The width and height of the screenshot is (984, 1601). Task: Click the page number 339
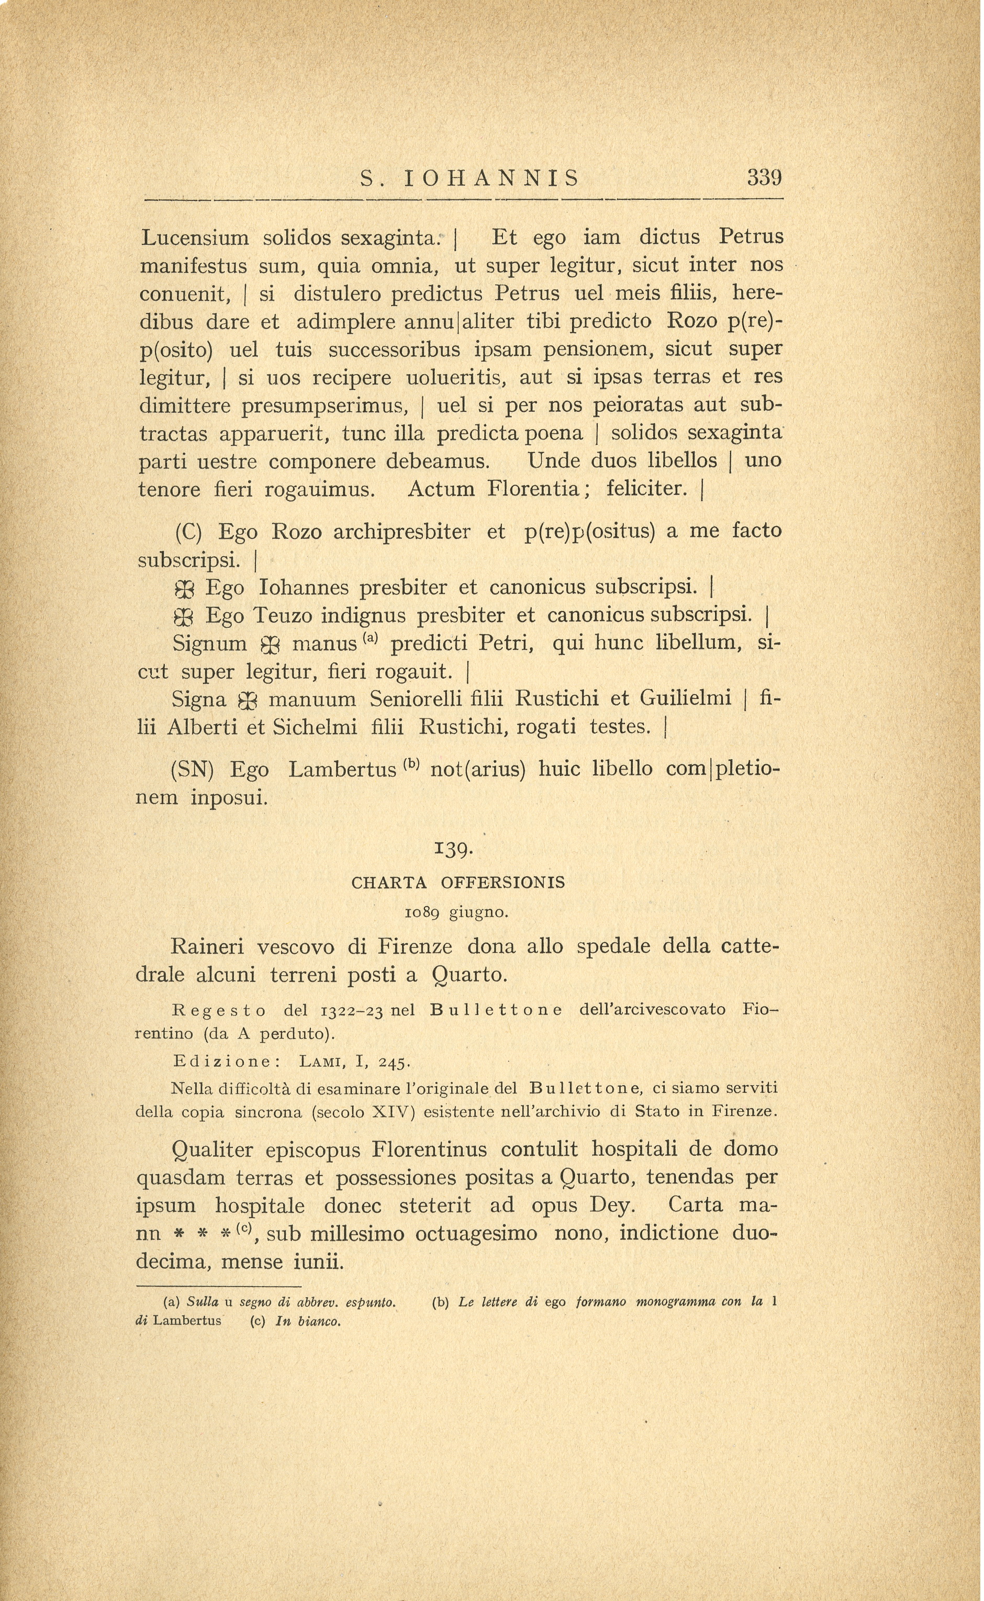tap(764, 177)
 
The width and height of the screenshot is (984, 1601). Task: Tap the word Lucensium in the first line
tap(195, 238)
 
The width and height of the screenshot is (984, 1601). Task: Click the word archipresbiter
tap(401, 532)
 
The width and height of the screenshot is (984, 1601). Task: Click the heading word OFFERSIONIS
tap(502, 883)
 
